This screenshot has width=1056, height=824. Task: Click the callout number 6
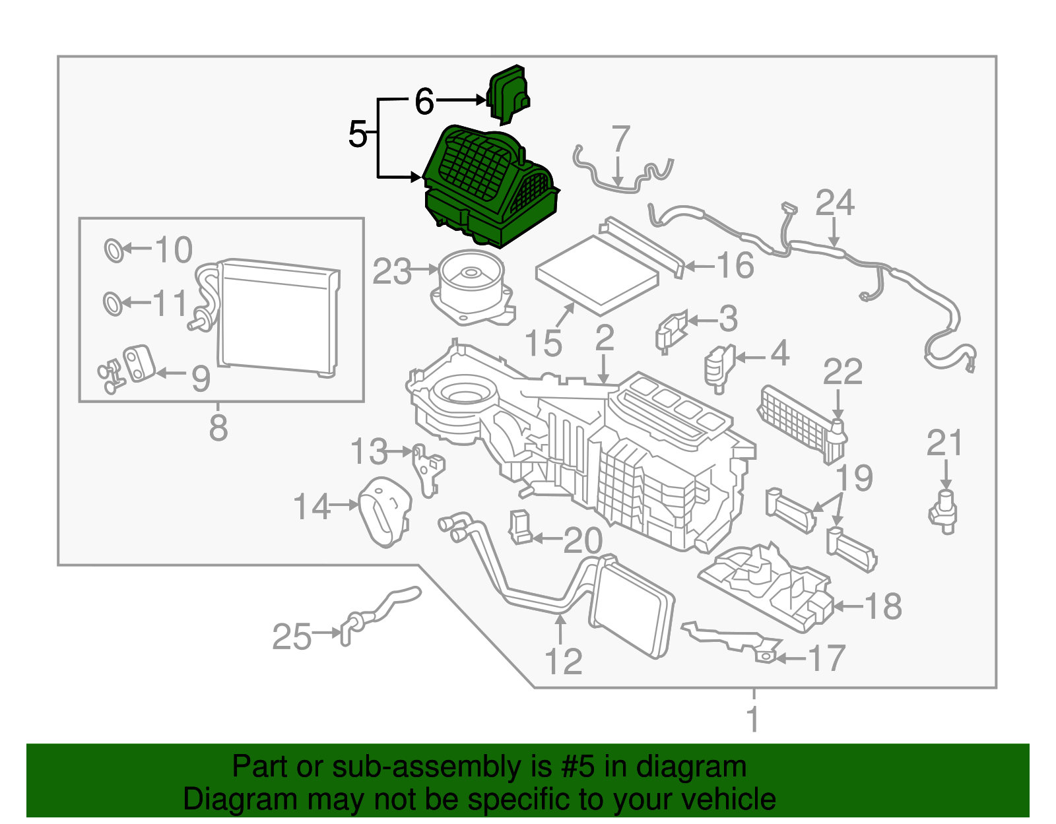[424, 102]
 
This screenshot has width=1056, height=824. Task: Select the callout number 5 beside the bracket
[357, 135]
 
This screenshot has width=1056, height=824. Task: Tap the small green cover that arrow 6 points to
[508, 94]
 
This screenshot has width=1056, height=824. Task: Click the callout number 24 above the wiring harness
[834, 203]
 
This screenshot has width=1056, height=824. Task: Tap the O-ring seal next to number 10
[114, 250]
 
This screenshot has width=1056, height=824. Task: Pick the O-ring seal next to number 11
[113, 303]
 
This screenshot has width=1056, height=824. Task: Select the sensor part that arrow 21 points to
[945, 513]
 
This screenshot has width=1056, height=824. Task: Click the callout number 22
[842, 372]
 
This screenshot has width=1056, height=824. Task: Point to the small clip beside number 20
[520, 527]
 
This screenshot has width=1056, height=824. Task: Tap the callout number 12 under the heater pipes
[563, 661]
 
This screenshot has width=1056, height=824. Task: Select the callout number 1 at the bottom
[753, 719]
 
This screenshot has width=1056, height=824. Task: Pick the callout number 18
[882, 606]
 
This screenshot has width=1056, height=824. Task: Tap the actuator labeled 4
[719, 367]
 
